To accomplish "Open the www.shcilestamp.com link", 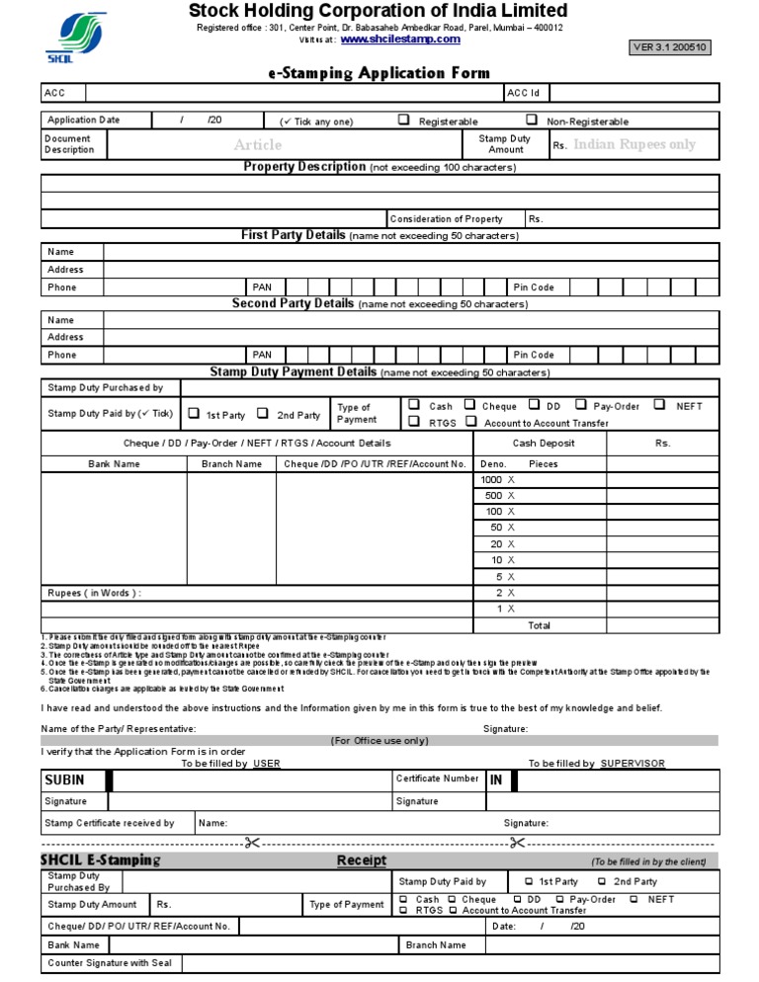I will pyautogui.click(x=399, y=41).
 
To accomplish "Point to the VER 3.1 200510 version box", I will pyautogui.click(x=671, y=47).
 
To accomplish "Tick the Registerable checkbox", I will pyautogui.click(x=404, y=120).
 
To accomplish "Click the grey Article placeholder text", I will pyautogui.click(x=257, y=145).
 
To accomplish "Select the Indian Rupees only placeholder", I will pyautogui.click(x=634, y=144).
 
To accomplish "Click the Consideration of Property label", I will pyautogui.click(x=446, y=219).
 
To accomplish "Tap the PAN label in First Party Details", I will pyautogui.click(x=262, y=287).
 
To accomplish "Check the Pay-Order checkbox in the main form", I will pyautogui.click(x=582, y=405).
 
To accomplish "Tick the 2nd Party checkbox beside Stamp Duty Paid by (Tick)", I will pyautogui.click(x=264, y=414).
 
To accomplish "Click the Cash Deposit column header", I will pyautogui.click(x=543, y=444).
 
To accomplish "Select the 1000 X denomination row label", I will pyautogui.click(x=497, y=479).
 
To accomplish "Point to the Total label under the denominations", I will pyautogui.click(x=539, y=625).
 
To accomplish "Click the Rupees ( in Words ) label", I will pyautogui.click(x=94, y=593).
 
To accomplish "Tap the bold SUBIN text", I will pyautogui.click(x=64, y=779).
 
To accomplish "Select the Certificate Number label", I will pyautogui.click(x=437, y=778).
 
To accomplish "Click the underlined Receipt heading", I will pyautogui.click(x=362, y=860).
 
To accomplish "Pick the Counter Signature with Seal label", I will pyautogui.click(x=110, y=963).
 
